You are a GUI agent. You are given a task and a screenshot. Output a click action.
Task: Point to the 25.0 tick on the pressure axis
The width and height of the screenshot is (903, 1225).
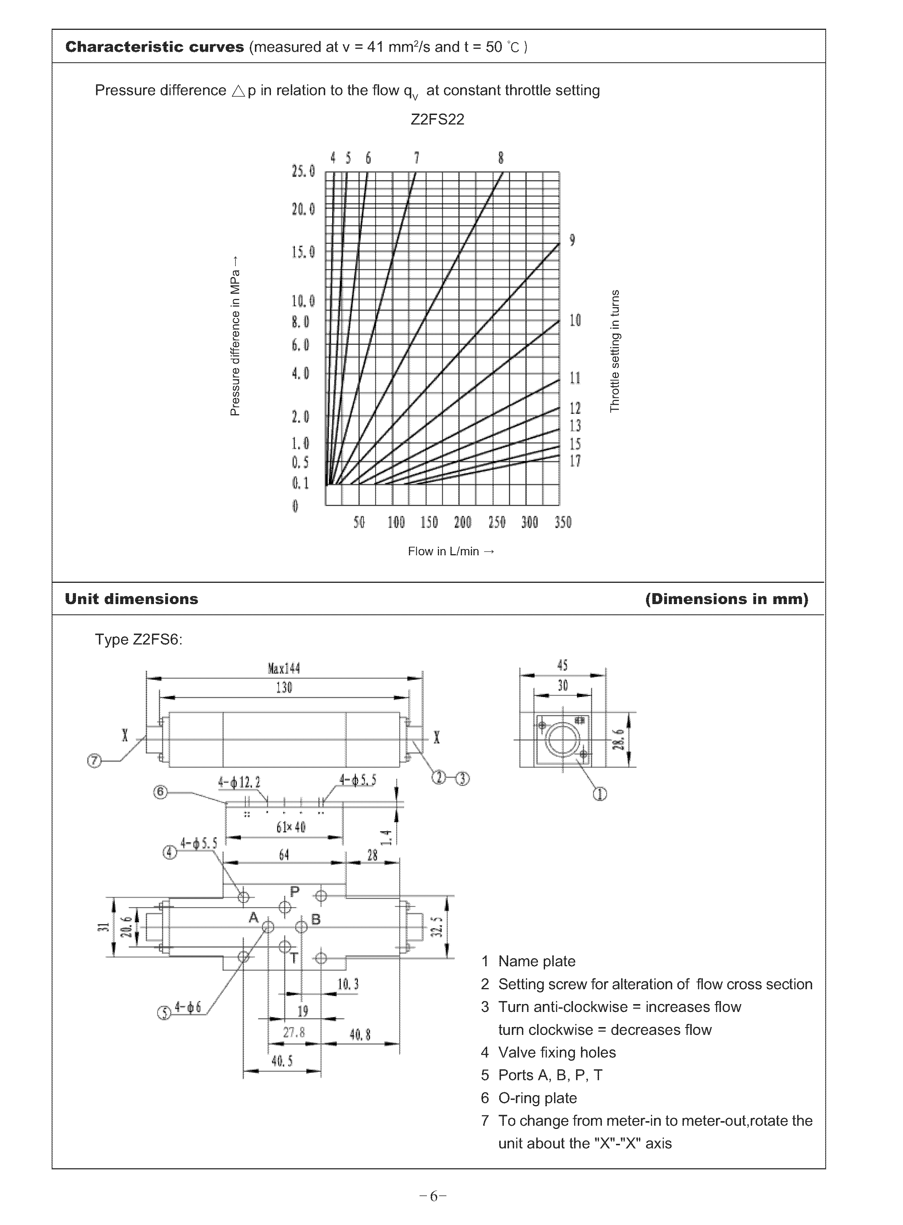303,172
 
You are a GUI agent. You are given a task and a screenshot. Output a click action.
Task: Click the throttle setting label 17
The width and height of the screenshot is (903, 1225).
575,461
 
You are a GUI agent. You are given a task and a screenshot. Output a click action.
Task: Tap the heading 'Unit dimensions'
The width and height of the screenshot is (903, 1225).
131,599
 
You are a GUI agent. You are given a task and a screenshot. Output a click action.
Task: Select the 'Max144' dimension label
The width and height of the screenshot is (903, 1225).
284,669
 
